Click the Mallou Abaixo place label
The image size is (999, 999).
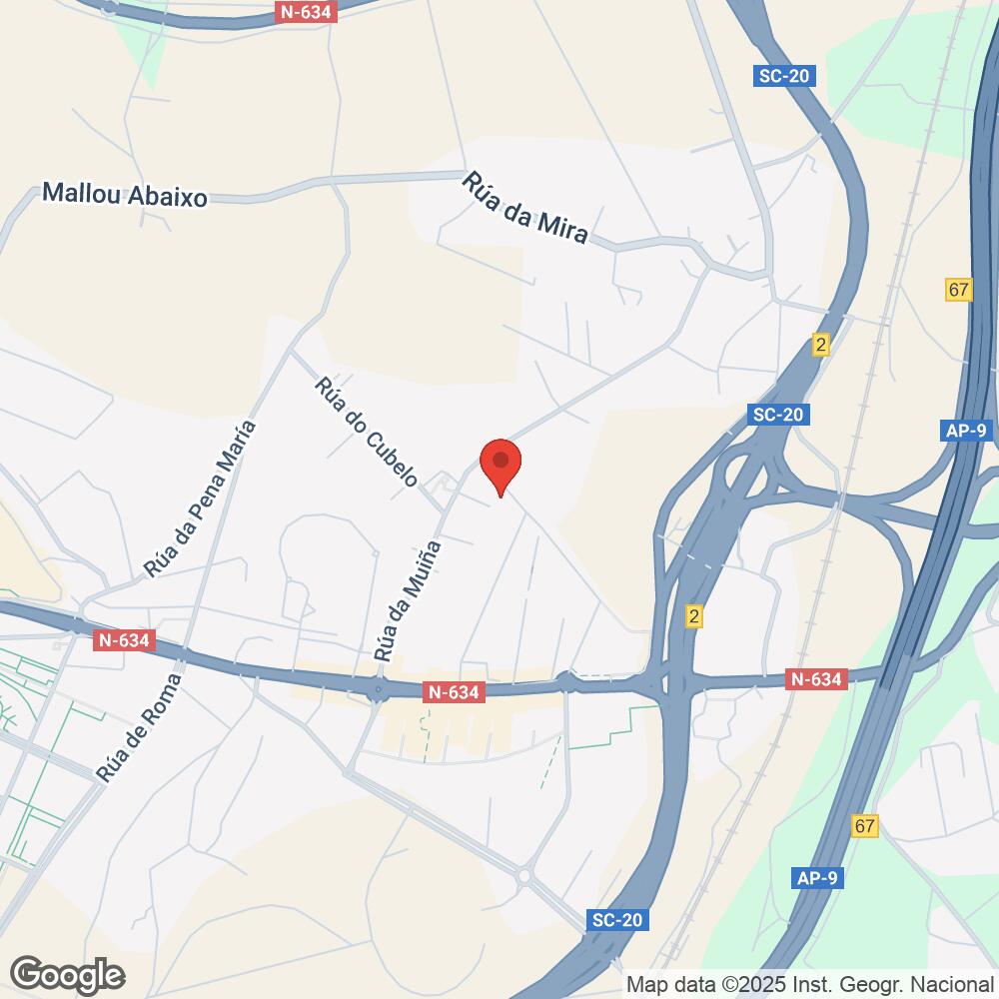125,196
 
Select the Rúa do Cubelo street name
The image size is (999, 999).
365,433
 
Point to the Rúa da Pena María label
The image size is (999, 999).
200,499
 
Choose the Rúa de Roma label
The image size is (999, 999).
140,726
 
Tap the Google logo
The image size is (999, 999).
67,973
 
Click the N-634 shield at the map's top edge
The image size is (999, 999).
308,11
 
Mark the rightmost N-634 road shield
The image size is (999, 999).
816,679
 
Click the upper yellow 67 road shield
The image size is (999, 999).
959,290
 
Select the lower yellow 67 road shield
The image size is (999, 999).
865,826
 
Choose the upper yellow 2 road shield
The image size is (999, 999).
821,345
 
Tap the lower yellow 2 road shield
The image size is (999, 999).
694,616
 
